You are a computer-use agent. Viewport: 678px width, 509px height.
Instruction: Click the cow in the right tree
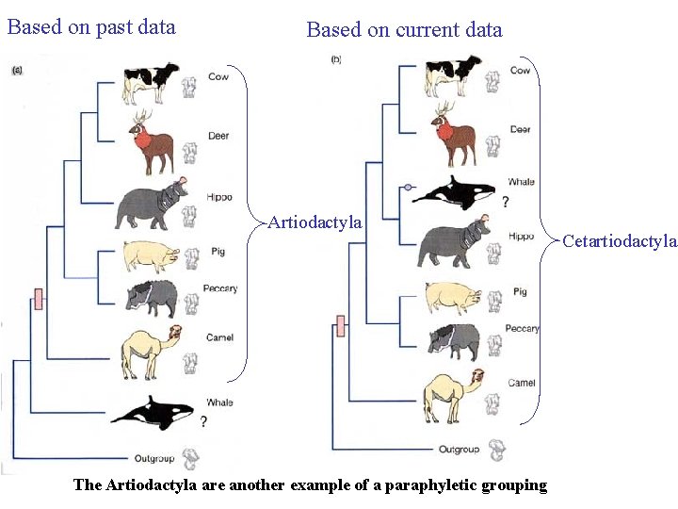(x=452, y=74)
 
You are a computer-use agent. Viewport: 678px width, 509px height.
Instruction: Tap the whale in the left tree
(x=152, y=412)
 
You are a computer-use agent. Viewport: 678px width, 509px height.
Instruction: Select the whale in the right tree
(x=457, y=192)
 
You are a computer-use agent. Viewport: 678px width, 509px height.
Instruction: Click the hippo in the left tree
(x=151, y=206)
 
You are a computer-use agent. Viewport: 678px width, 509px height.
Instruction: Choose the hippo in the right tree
(x=453, y=244)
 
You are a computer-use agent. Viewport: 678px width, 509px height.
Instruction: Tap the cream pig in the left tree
(x=150, y=255)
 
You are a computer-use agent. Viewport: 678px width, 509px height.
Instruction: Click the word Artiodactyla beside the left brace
(x=315, y=222)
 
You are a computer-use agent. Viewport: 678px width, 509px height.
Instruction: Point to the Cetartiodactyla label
(x=619, y=241)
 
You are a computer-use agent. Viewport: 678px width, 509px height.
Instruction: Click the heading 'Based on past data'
(x=91, y=26)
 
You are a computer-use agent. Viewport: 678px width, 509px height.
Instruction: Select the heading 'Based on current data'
(x=404, y=29)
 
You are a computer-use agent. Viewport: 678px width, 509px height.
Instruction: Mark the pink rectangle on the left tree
(x=39, y=299)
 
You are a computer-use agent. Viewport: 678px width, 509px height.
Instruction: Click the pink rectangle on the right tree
(x=341, y=326)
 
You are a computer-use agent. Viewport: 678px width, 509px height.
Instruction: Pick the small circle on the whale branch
(x=408, y=188)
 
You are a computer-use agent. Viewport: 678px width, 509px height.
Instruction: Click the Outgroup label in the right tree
(x=459, y=449)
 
